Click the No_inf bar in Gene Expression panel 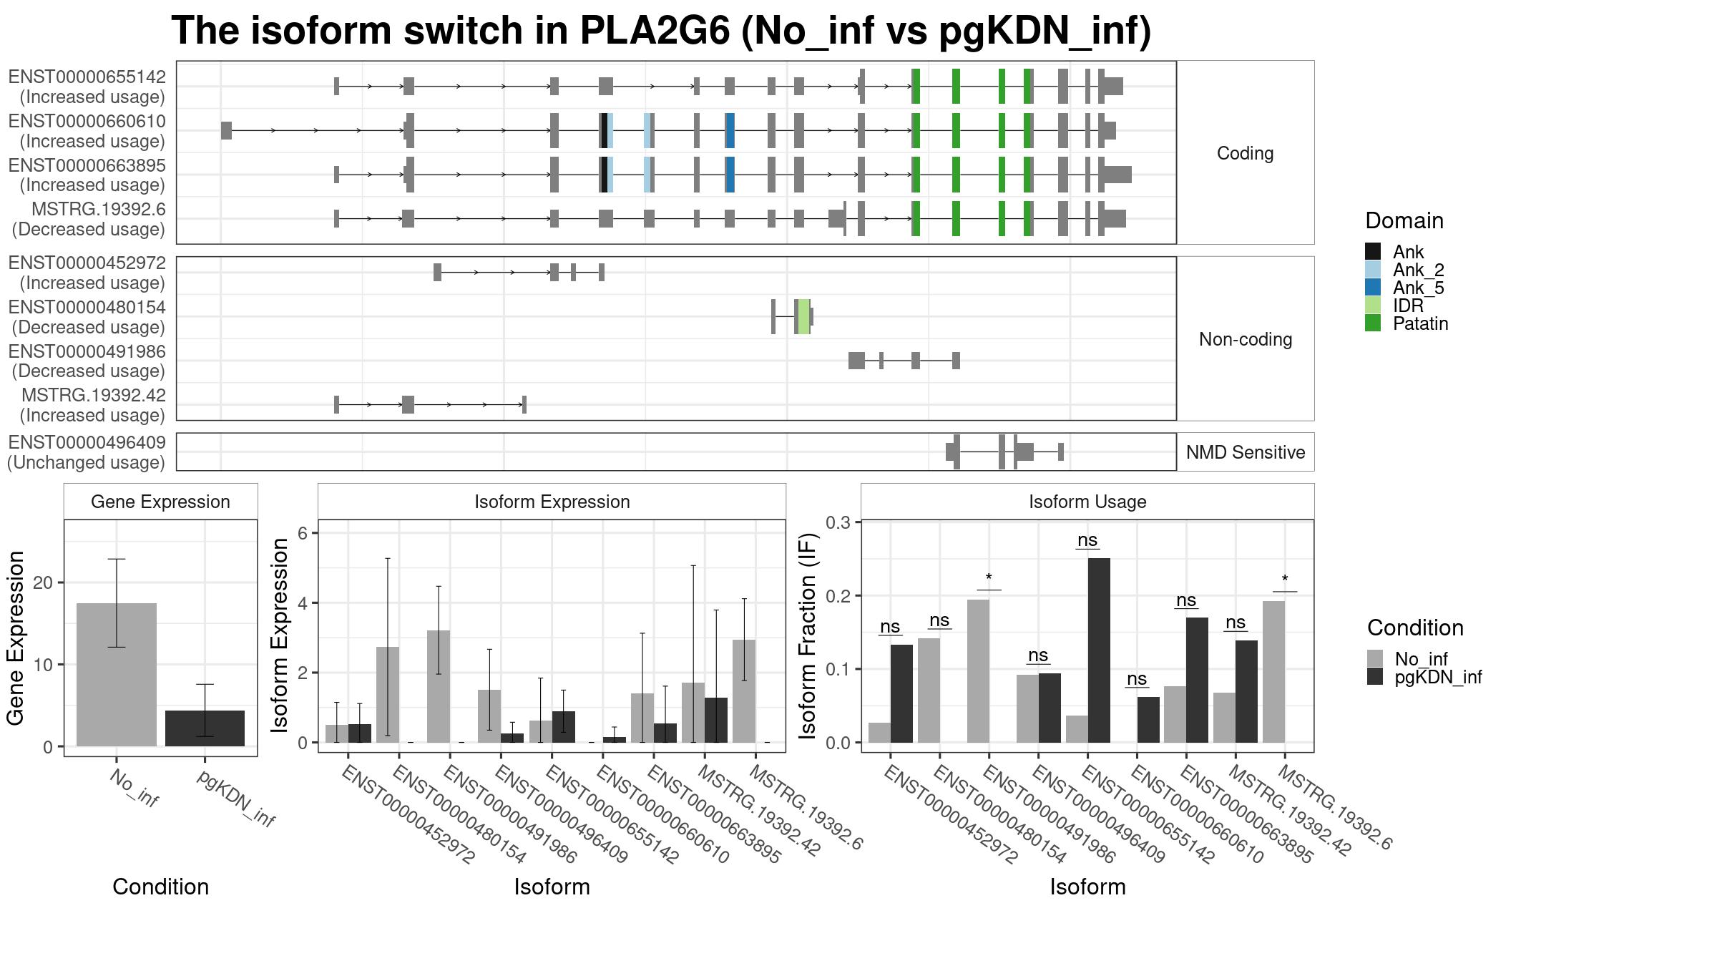(x=117, y=675)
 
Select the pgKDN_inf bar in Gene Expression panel (x=205, y=728)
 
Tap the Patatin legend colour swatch (x=1373, y=323)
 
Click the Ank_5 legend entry (x=1405, y=288)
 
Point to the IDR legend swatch (x=1373, y=306)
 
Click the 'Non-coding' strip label (x=1246, y=339)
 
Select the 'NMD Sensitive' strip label (x=1246, y=452)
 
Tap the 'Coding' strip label (x=1246, y=153)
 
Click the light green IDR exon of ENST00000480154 (x=804, y=316)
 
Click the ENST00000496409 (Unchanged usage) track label (x=87, y=452)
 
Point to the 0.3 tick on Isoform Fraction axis (x=838, y=522)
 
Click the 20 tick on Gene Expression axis (x=43, y=582)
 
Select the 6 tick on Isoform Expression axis (x=303, y=533)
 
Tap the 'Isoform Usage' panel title (x=1087, y=502)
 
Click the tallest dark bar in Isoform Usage (x=1099, y=650)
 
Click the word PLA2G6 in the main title (x=655, y=31)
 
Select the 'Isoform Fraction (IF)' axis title (x=807, y=635)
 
